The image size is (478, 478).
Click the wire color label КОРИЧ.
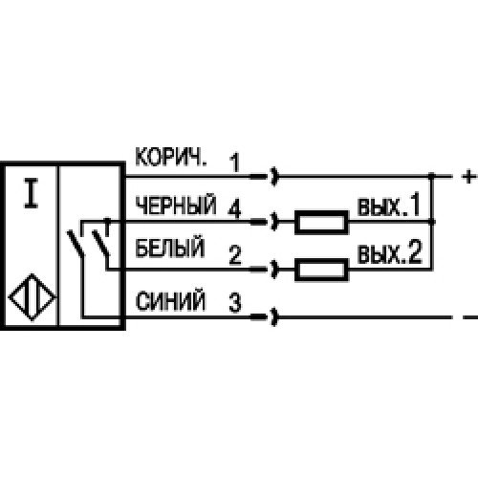(x=170, y=157)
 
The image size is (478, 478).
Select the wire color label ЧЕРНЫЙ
(x=176, y=205)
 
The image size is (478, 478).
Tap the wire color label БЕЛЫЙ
(x=169, y=247)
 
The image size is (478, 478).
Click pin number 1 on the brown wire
(x=235, y=163)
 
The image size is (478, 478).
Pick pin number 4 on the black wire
(x=235, y=208)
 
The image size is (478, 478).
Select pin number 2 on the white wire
(x=235, y=255)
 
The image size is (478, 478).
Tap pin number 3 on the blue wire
(x=235, y=302)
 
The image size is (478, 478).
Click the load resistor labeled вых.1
(x=321, y=222)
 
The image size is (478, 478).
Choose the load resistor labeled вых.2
(x=321, y=270)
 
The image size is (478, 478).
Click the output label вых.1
(x=389, y=206)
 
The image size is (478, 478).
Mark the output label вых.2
(x=389, y=253)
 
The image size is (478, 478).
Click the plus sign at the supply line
(x=468, y=176)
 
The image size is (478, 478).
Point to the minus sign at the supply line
(x=469, y=317)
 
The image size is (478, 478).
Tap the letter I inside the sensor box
(x=32, y=193)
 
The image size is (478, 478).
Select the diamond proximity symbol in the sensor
(x=32, y=297)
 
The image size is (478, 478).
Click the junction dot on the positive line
(x=431, y=176)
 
